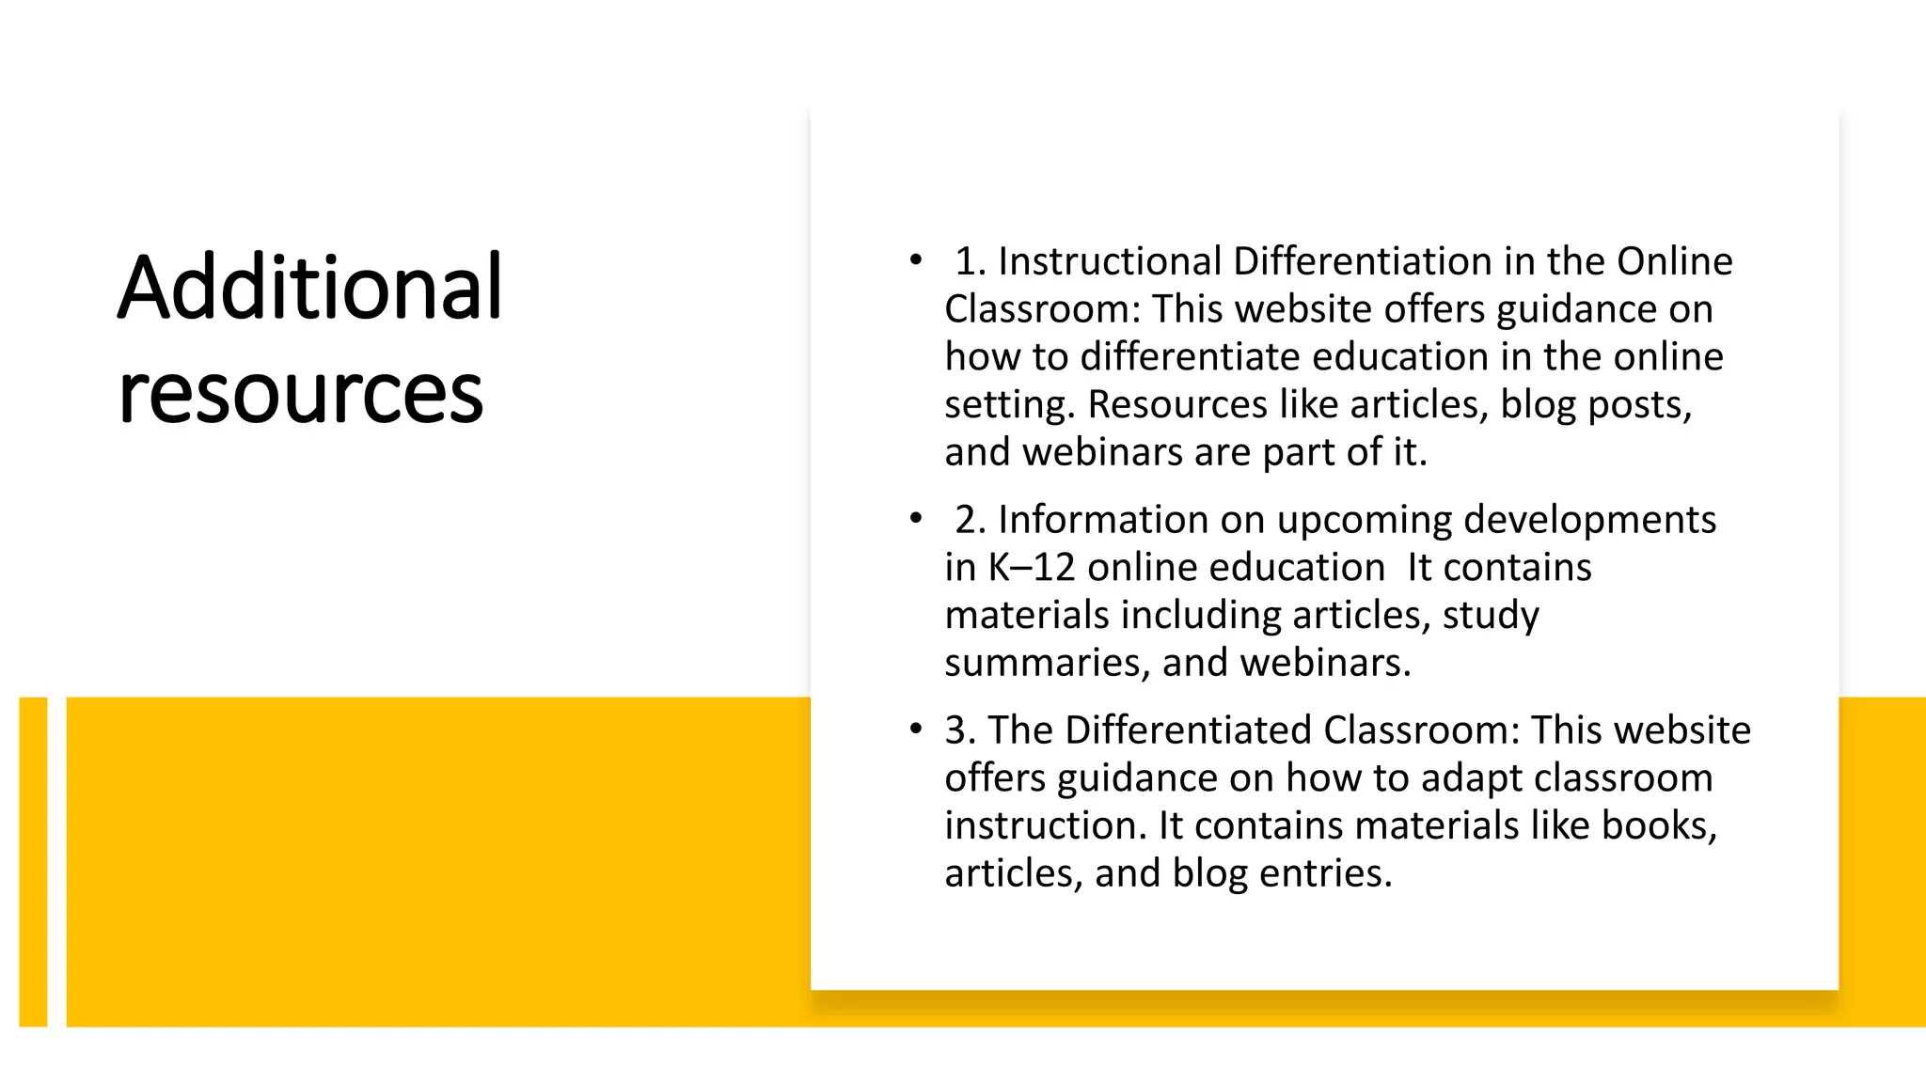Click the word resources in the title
click(x=301, y=392)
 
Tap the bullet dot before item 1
click(x=916, y=259)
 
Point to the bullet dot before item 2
click(x=916, y=518)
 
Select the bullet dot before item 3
click(x=916, y=729)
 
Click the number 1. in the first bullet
click(x=971, y=261)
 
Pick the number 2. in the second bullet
click(x=971, y=520)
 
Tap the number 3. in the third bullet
click(x=960, y=730)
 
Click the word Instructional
click(x=1110, y=261)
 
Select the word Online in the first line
click(x=1674, y=261)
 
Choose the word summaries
click(x=1048, y=663)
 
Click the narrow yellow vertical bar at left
click(x=33, y=861)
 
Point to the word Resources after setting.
click(x=1177, y=404)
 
